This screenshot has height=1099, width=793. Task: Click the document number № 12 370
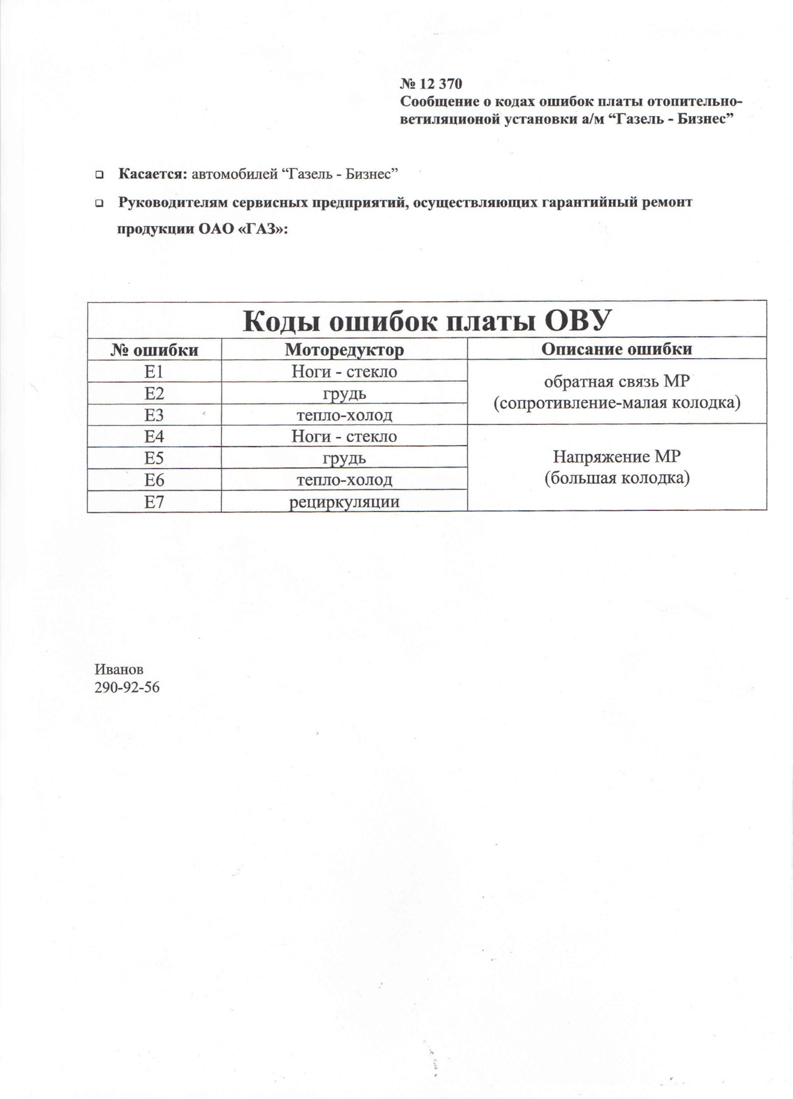point(431,84)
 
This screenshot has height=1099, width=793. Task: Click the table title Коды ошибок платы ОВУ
point(427,321)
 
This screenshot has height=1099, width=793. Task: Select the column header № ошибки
point(154,350)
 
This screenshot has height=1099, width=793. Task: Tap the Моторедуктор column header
point(344,350)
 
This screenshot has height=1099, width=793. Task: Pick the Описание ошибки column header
point(617,349)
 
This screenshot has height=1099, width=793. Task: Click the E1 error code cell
point(154,372)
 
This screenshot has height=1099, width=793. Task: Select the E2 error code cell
point(154,394)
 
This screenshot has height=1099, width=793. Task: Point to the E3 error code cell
point(154,415)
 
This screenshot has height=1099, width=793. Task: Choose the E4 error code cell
point(154,437)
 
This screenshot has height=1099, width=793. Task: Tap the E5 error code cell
point(154,458)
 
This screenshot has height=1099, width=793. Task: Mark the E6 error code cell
point(154,480)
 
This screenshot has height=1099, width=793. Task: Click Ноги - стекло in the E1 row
point(344,372)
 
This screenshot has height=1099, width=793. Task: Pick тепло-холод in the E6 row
point(344,480)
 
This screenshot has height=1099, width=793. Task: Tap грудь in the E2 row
point(344,394)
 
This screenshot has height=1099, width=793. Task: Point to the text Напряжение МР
point(617,457)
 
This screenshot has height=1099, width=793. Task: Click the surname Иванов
point(119,669)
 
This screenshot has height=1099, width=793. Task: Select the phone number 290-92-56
point(127,687)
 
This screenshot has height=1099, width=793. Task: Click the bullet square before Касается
point(99,174)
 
